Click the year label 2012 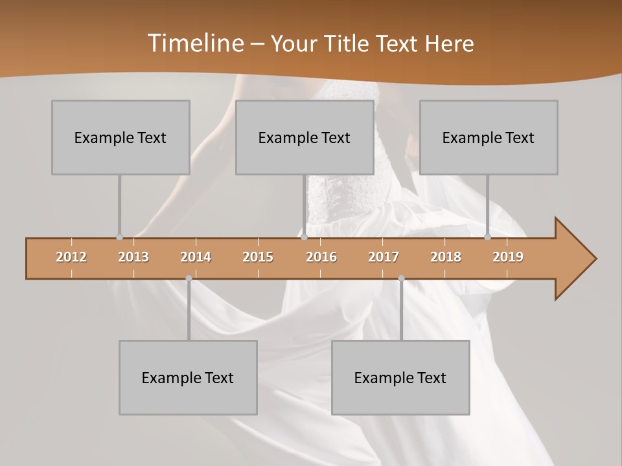coord(71,257)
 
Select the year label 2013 coord(133,257)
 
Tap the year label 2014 coord(196,257)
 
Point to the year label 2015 coord(258,257)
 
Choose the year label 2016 coord(321,257)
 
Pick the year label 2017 coord(384,257)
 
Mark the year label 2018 coord(446,257)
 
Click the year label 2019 coord(508,257)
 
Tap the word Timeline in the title coord(194,43)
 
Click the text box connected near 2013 coord(121,137)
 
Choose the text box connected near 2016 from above coord(305,137)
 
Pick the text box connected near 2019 coord(489,137)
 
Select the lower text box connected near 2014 coord(188,377)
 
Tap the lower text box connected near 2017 coord(400,377)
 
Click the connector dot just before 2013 coord(119,237)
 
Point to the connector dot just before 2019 coord(487,237)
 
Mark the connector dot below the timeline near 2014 coord(189,278)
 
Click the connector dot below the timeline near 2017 coord(401,278)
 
